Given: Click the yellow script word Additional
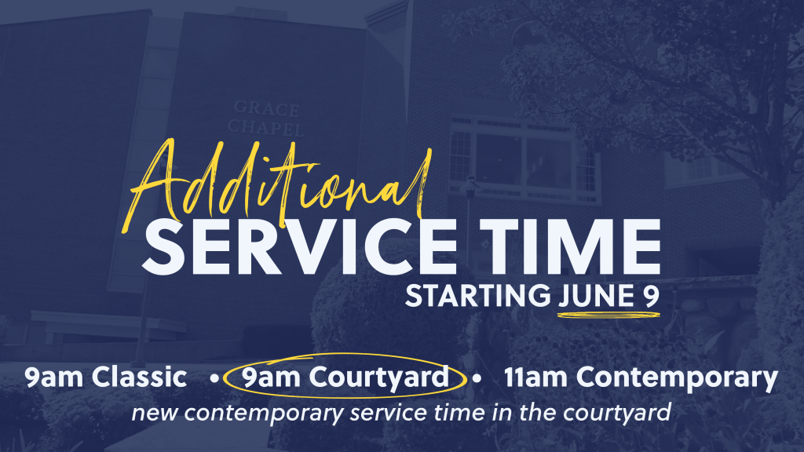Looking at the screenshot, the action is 277,184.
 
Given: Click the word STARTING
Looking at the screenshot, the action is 477,296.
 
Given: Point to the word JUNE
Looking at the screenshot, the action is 597,296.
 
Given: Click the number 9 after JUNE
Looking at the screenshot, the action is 651,296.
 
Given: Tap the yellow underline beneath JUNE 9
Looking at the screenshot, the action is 608,315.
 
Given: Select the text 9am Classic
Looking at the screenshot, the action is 106,377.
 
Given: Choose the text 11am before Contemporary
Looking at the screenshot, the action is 535,377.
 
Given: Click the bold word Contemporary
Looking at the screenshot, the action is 677,379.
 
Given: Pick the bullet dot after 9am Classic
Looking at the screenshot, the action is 215,379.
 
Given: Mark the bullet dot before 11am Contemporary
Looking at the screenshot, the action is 477,379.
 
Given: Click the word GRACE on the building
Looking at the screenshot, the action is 267,108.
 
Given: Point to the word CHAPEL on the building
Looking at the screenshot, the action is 265,127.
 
